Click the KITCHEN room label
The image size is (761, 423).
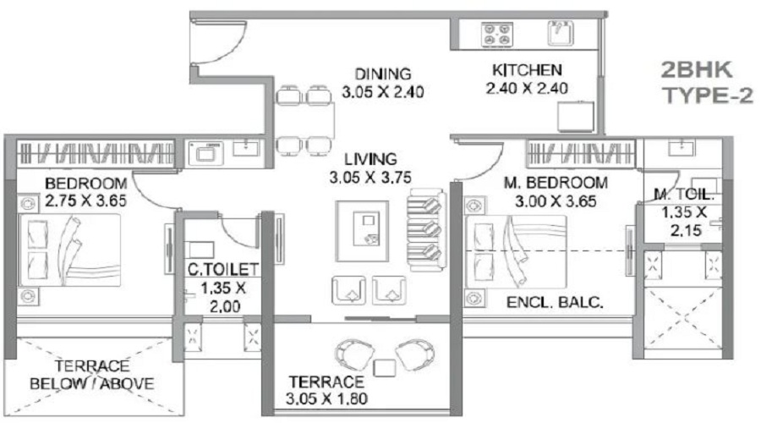[x=527, y=70]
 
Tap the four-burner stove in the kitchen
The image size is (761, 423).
[x=497, y=35]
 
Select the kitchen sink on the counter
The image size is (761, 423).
[x=561, y=33]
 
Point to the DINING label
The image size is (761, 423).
[x=383, y=74]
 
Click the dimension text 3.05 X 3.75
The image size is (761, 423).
[x=370, y=178]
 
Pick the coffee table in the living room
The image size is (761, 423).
[x=362, y=231]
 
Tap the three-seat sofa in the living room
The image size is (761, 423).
[x=426, y=228]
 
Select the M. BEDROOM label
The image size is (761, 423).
[x=556, y=183]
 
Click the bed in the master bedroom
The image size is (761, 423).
[x=516, y=252]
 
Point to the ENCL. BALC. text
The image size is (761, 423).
[x=555, y=303]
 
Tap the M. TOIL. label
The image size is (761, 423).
[x=684, y=195]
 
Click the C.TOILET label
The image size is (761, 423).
[x=223, y=269]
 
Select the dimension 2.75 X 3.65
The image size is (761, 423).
[x=85, y=201]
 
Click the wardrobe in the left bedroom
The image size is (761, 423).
[x=96, y=153]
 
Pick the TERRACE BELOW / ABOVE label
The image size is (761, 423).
[x=91, y=375]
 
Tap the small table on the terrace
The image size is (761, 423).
[x=385, y=368]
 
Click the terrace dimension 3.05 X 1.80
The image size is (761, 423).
[x=326, y=398]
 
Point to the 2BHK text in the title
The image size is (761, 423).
[x=697, y=70]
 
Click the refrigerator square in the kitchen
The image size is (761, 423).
[x=576, y=117]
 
